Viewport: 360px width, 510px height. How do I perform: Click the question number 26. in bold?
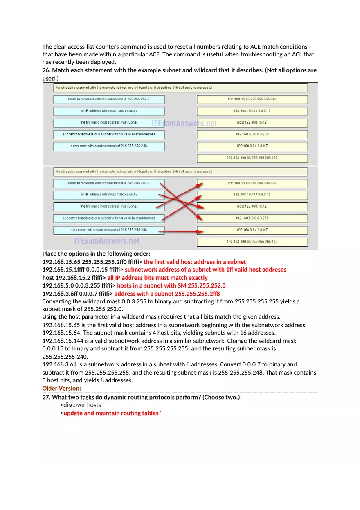coord(46,70)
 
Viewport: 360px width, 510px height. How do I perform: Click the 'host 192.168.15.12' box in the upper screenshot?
coord(252,122)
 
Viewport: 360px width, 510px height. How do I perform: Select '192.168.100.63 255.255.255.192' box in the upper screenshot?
coord(252,157)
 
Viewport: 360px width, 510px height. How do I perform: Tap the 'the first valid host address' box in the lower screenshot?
coord(109,206)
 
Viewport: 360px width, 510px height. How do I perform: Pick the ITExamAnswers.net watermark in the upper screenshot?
coord(184,123)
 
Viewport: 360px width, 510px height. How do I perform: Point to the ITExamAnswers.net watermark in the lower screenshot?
coord(107,241)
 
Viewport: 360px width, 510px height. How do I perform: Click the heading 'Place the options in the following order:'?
coord(96,254)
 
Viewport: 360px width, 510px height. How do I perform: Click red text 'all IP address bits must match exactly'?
coord(157,278)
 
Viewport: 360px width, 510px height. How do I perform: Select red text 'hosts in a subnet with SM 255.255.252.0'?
coord(171,285)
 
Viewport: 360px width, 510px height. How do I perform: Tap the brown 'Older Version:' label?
coord(62,388)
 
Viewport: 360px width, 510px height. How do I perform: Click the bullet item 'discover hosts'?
coord(82,405)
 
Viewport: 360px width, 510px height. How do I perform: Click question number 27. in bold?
coord(46,397)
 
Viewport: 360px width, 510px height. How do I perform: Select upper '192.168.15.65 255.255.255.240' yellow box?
coord(252,99)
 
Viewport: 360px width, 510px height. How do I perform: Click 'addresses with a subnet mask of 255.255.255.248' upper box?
coord(109,146)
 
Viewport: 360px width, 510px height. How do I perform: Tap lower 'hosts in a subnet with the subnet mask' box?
coord(109,183)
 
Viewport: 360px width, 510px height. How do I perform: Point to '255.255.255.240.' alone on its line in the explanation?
coord(65,356)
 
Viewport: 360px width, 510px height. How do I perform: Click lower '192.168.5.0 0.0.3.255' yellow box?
coord(252,218)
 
